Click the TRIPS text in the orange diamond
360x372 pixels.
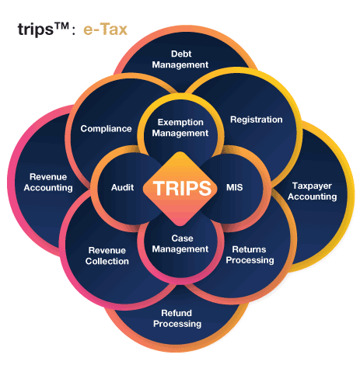(182, 188)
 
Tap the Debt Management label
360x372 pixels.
(180, 59)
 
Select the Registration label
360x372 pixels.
(257, 120)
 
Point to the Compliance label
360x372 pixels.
(106, 129)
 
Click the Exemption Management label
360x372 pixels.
(180, 127)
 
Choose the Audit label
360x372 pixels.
(122, 187)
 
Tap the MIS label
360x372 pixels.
(235, 187)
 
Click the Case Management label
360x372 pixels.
(180, 244)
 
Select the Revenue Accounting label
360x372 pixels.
(48, 183)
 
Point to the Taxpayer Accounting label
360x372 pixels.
(313, 191)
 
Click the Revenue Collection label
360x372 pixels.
(107, 256)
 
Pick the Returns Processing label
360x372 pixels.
(250, 255)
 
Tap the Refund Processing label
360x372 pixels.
(177, 318)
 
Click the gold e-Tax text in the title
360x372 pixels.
(105, 29)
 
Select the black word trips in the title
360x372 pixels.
(36, 30)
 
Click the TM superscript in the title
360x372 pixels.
(61, 26)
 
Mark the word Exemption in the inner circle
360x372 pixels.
(180, 123)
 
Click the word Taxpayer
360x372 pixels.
(312, 186)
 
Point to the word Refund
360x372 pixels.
(177, 313)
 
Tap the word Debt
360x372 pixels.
(181, 54)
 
